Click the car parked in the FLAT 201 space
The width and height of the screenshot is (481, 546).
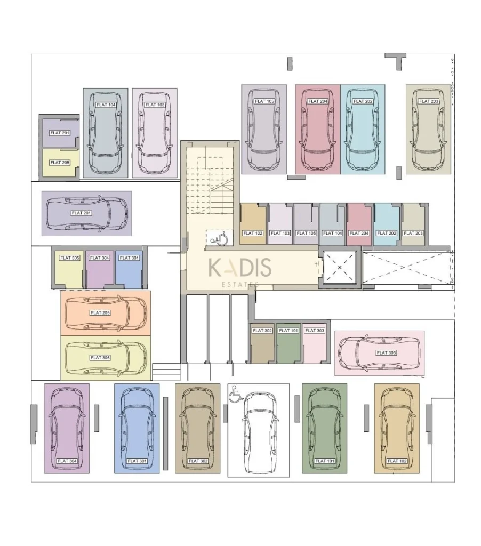click(x=86, y=213)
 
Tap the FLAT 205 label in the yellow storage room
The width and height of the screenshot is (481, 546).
click(x=60, y=163)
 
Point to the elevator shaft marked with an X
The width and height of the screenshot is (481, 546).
click(x=340, y=268)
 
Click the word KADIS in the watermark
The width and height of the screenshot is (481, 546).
click(x=239, y=268)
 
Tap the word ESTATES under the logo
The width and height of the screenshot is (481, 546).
click(x=240, y=284)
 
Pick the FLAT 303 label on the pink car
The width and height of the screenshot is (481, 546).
click(x=386, y=353)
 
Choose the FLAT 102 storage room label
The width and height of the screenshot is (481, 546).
click(x=253, y=234)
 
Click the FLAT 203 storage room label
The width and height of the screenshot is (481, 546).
click(x=413, y=234)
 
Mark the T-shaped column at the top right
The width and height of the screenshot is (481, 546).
click(x=396, y=59)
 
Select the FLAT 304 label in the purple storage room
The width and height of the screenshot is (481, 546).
click(x=99, y=258)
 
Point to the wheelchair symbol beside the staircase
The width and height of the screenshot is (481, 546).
click(x=220, y=238)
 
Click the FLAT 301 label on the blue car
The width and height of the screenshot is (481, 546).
click(x=137, y=461)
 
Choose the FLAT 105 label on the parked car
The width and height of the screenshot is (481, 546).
click(x=264, y=101)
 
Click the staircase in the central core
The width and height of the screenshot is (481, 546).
click(x=210, y=186)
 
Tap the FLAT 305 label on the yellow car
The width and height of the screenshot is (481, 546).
click(x=100, y=358)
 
